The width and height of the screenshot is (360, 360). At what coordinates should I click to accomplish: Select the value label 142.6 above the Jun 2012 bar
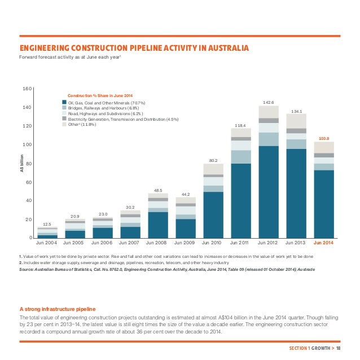coord(269,102)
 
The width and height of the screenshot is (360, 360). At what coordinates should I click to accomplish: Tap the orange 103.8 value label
coord(324,138)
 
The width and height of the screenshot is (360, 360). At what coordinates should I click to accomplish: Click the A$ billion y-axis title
coord(22,163)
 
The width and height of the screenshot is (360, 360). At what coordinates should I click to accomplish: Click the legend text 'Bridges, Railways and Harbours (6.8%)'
coord(105,108)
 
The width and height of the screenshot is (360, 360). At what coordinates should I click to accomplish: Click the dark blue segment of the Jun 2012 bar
coord(269,192)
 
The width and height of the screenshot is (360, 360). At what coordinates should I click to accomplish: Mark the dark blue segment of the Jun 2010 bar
coord(213,214)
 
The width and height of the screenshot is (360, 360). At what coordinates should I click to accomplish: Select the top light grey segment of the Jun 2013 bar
coord(296,121)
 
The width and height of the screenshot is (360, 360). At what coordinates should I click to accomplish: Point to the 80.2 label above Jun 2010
coord(213,160)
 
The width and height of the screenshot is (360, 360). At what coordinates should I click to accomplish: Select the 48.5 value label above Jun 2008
coord(158,190)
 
